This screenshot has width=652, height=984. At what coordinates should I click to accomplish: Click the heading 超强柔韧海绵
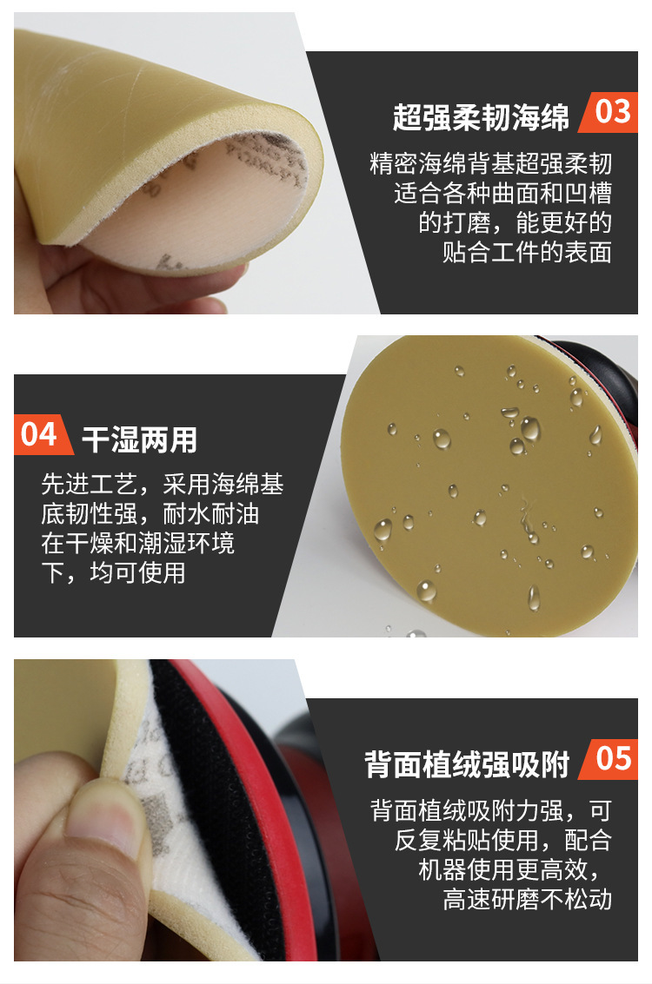coord(481,117)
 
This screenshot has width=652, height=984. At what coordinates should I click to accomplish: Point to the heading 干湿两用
coord(139,439)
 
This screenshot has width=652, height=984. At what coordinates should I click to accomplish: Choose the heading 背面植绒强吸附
coord(467,765)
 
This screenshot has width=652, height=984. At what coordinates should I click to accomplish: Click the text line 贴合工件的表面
coord(527,252)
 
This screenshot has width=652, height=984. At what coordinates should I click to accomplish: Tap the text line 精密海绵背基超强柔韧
coord(491,163)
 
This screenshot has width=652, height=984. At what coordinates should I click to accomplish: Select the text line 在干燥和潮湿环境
coord(137,544)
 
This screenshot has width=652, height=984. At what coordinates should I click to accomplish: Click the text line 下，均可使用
coord(113,573)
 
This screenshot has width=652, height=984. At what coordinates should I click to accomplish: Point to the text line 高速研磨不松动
coord(527,899)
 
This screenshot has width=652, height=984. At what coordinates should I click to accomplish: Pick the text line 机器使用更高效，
coord(515,869)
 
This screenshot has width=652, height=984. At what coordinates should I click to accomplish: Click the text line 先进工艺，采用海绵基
coord(163,485)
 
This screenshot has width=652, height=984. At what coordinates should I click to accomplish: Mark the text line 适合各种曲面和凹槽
coord(502,193)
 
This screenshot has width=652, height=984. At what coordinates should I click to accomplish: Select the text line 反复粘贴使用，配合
coord(502,840)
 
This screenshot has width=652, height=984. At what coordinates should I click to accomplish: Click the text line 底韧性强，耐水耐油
coord(150,514)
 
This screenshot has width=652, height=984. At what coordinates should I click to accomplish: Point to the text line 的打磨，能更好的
coord(515,222)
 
